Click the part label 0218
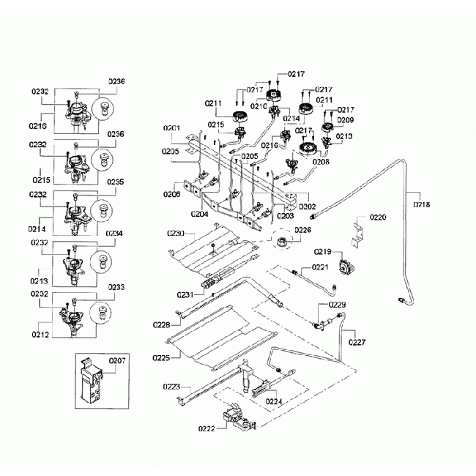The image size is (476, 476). point(422,205)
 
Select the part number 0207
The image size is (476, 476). point(117,360)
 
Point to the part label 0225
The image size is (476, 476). point(162,357)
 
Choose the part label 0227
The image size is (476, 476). point(357,341)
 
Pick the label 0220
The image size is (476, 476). point(378,217)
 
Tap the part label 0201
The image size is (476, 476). point(171,128)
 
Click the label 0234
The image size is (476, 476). point(115,234)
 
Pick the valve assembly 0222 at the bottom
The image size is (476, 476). point(236,419)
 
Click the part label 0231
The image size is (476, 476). point(185,294)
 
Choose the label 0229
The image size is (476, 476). point(337,304)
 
